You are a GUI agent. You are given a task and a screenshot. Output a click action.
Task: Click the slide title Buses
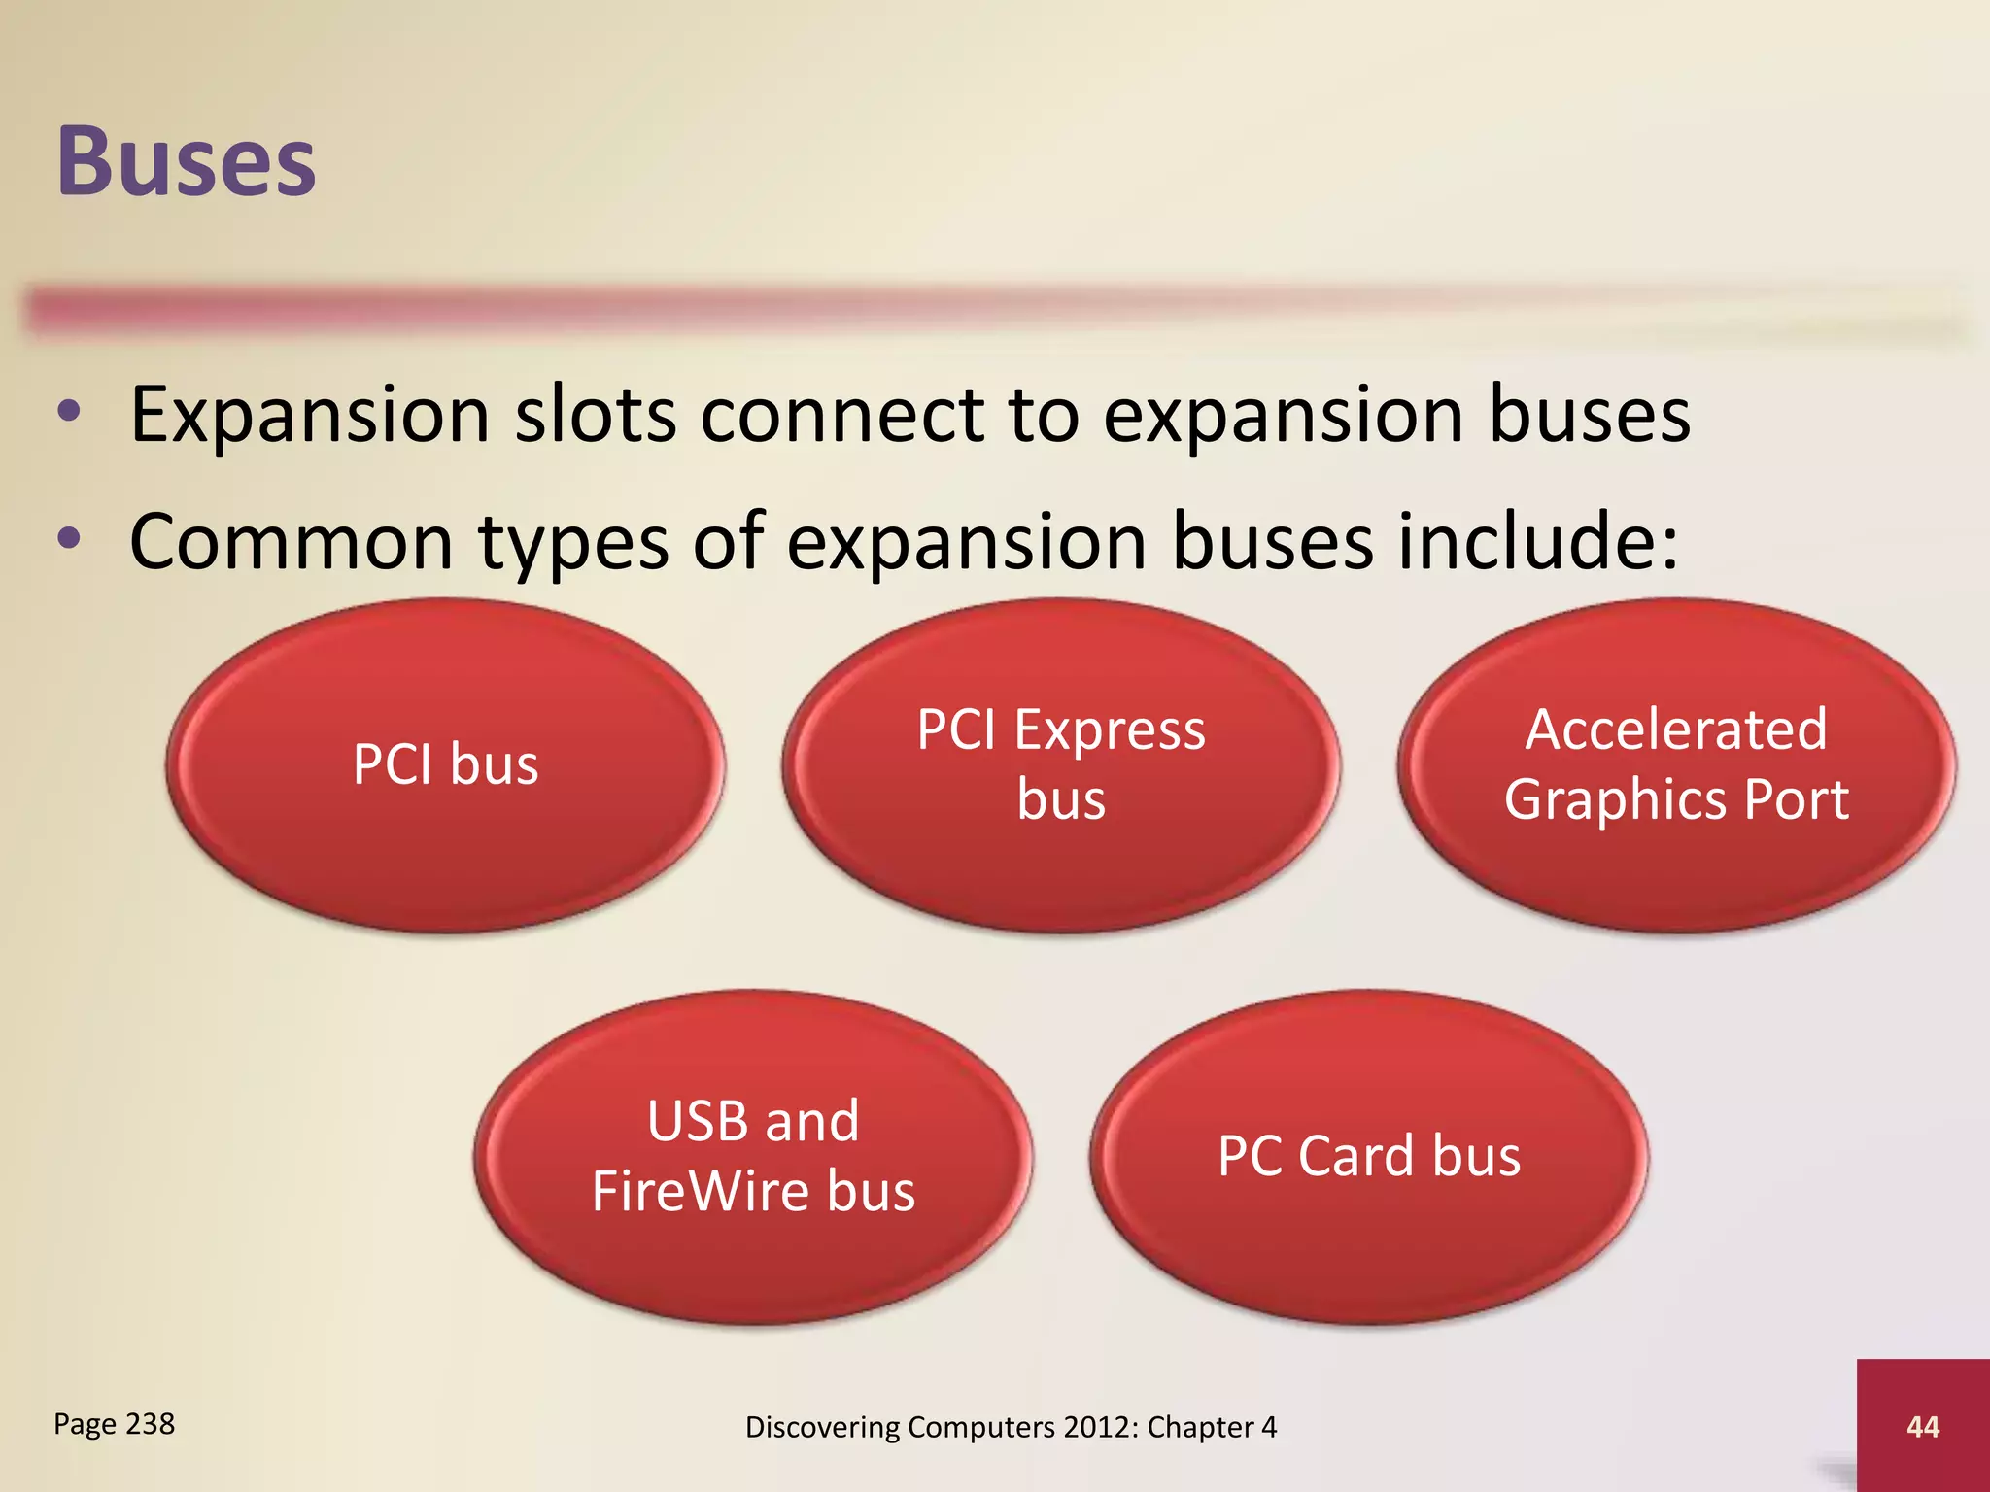pos(187,161)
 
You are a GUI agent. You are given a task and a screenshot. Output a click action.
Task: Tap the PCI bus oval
pos(445,765)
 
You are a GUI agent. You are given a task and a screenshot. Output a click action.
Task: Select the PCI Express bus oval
pos(1061,765)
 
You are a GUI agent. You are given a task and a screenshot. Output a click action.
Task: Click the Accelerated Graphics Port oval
pos(1676,765)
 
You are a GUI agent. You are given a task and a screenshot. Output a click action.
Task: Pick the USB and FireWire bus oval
pos(753,1156)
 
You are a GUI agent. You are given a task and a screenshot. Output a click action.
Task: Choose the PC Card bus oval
pos(1368,1156)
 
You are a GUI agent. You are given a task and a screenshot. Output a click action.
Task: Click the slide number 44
pos(1922,1426)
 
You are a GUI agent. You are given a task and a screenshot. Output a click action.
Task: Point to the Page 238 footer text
pos(114,1424)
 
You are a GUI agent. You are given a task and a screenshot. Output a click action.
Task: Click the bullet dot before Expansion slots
pos(68,412)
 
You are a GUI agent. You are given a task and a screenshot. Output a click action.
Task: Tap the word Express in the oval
pos(1110,730)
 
